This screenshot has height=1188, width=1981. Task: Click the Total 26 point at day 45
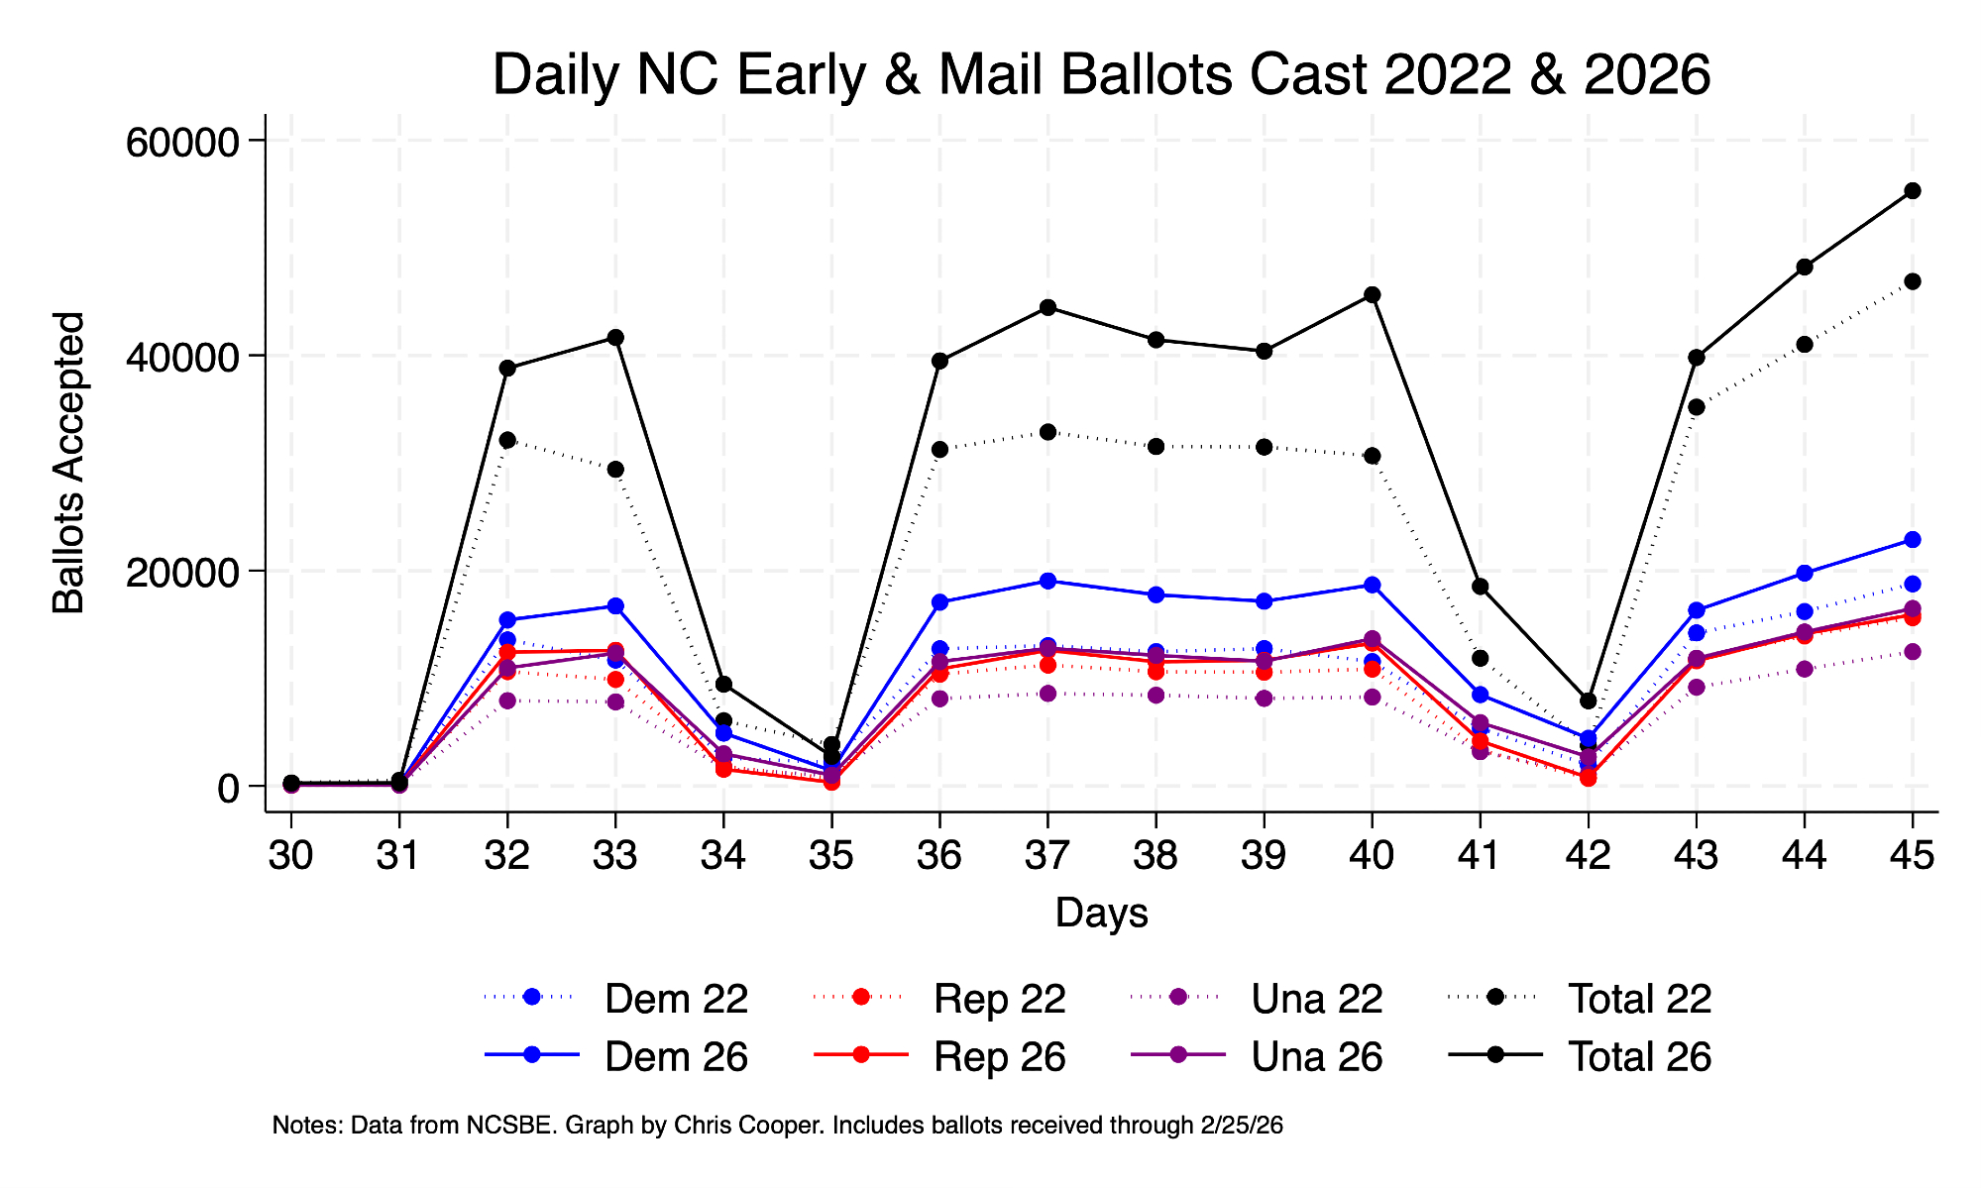coord(1912,191)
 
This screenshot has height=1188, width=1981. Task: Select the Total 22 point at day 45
coord(1912,281)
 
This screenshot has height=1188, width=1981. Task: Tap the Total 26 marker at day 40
coord(1372,295)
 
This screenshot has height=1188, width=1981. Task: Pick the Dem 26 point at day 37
coord(1047,581)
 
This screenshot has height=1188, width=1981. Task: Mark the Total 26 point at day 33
coord(615,338)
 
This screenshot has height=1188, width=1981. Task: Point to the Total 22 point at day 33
coord(615,469)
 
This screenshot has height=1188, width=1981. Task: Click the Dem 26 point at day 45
coord(1912,540)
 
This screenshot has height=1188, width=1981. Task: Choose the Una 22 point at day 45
coord(1912,652)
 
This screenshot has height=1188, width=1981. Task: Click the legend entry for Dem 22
coord(675,999)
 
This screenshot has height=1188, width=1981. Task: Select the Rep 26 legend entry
coord(999,1057)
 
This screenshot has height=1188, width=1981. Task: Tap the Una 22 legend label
coord(1316,999)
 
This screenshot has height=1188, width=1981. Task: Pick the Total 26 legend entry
coord(1639,1057)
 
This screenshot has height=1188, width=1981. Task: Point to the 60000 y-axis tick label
coord(183,141)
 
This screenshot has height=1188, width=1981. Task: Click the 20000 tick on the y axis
coord(183,572)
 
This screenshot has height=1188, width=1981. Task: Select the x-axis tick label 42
coord(1588,855)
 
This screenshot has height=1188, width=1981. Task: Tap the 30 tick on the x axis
coord(291,855)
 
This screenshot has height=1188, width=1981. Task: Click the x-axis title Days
coord(1101,913)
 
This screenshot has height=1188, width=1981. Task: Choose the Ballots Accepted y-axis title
coord(69,463)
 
